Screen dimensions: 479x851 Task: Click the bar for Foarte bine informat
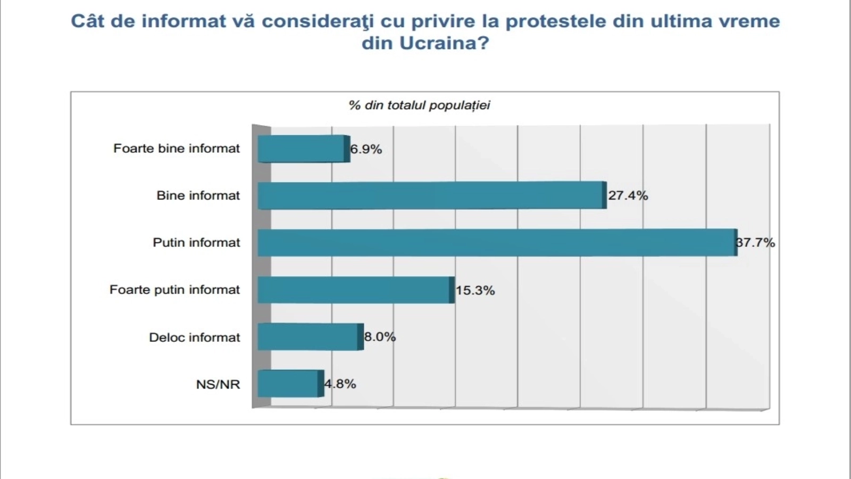tap(302, 149)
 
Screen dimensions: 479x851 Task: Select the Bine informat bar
tap(431, 195)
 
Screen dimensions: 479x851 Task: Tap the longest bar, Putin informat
tap(497, 243)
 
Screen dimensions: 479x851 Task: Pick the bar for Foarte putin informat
tap(355, 290)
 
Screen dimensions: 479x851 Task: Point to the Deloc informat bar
tap(310, 337)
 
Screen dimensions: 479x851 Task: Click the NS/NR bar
tap(290, 384)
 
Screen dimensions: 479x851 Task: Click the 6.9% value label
tap(366, 150)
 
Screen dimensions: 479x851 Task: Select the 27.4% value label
tap(628, 196)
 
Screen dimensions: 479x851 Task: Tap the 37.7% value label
tap(756, 243)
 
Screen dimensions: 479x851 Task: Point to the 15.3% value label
tap(475, 291)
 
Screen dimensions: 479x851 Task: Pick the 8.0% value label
tap(380, 337)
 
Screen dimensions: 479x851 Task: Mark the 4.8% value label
tap(340, 384)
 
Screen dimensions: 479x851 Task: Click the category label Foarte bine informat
tap(177, 148)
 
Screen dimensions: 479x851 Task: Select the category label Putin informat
tap(197, 243)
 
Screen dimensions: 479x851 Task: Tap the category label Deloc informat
tap(195, 337)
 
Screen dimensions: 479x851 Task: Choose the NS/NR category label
tap(218, 384)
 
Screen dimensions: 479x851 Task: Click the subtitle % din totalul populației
tap(419, 105)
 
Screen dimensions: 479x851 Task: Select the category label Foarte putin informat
tap(175, 290)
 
